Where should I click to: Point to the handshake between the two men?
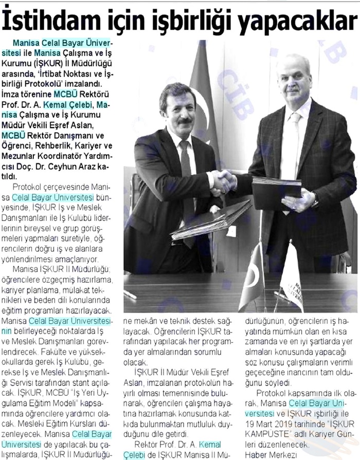pyautogui.click(x=224, y=181)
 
